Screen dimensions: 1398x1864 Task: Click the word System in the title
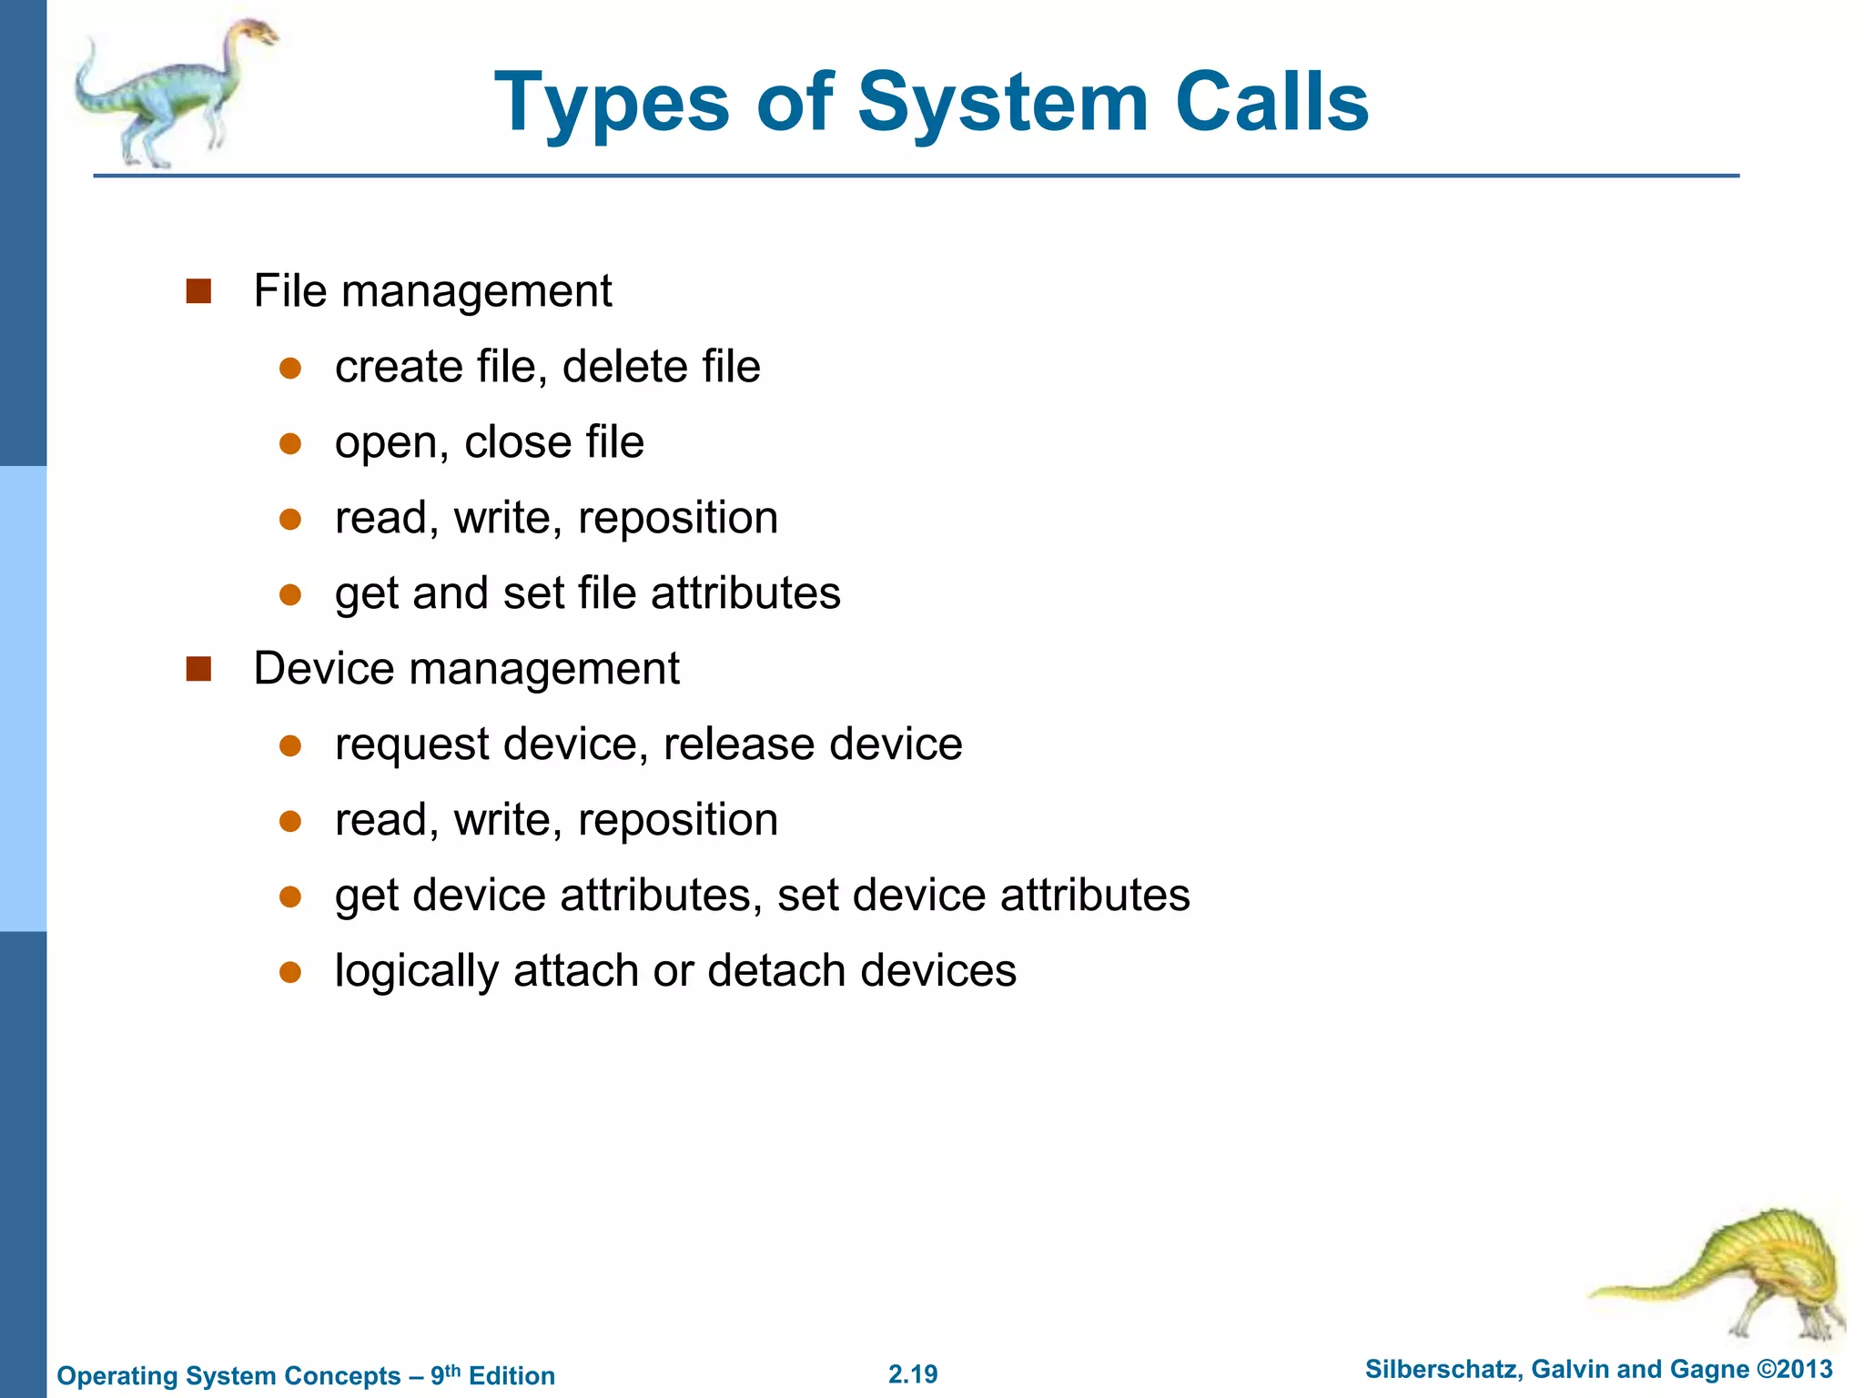pos(1002,102)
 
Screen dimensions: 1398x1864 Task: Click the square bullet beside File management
pos(198,291)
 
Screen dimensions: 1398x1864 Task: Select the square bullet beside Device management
pos(198,669)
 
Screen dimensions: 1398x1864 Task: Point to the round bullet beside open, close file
pos(290,443)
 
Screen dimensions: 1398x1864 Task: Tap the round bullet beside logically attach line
pos(290,972)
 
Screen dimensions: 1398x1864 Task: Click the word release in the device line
pos(738,745)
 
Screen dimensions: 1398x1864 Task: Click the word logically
pos(417,972)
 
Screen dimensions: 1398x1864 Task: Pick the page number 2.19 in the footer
pos(913,1373)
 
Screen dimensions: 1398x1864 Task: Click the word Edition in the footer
pos(512,1375)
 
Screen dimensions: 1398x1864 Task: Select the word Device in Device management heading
pos(324,669)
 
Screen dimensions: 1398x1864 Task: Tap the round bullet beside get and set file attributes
pos(290,594)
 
